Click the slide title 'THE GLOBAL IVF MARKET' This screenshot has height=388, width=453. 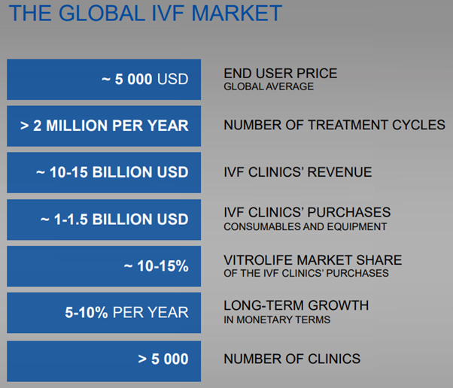pyautogui.click(x=143, y=14)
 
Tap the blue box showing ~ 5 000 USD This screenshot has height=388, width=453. pyautogui.click(x=104, y=79)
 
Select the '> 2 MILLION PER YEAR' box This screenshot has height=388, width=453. pyautogui.click(x=104, y=126)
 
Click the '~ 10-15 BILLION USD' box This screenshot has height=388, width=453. pyautogui.click(x=104, y=172)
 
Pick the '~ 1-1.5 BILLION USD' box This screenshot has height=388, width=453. pyautogui.click(x=104, y=219)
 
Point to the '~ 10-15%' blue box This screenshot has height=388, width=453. pyautogui.click(x=104, y=265)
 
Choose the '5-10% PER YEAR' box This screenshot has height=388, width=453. pyautogui.click(x=104, y=312)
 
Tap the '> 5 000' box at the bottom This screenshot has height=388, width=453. pyautogui.click(x=104, y=359)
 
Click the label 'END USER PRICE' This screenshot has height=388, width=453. pyautogui.click(x=280, y=74)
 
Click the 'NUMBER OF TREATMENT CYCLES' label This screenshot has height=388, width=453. pyautogui.click(x=334, y=126)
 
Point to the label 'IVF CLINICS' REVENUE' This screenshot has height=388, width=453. pyautogui.click(x=297, y=172)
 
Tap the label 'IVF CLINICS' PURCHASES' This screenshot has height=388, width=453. pyautogui.click(x=307, y=213)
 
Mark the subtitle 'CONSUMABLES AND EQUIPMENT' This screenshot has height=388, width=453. pyautogui.click(x=305, y=226)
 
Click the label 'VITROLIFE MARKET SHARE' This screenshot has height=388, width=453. pyautogui.click(x=312, y=260)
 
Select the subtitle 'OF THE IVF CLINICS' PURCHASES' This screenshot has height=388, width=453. pyautogui.click(x=306, y=273)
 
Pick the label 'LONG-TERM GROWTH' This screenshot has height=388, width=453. pyautogui.click(x=296, y=306)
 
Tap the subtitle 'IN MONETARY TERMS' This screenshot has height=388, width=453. pyautogui.click(x=277, y=320)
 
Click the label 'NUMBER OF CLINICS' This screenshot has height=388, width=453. pyautogui.click(x=292, y=359)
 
